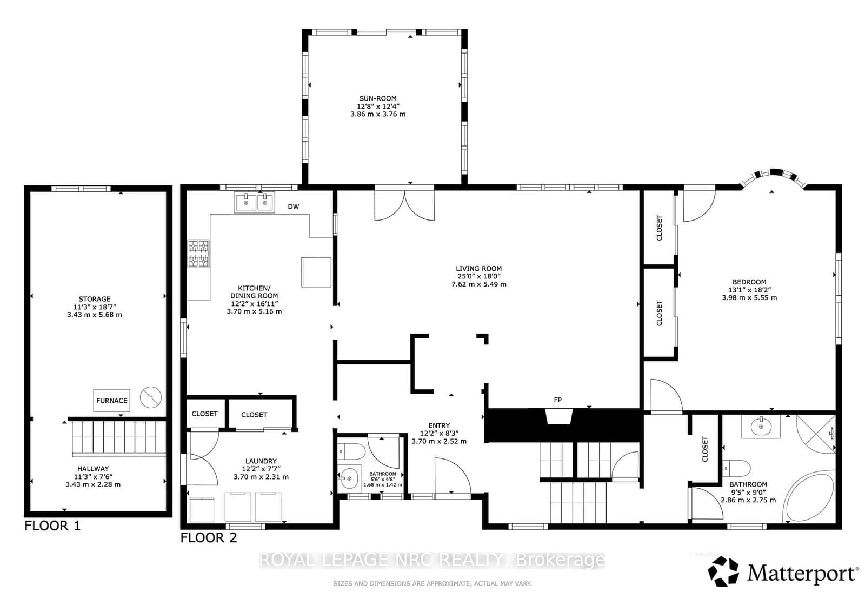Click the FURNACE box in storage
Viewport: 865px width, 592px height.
112,401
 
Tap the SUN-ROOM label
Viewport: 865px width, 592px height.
378,98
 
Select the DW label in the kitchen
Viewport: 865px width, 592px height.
293,207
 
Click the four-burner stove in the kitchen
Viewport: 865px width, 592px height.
198,254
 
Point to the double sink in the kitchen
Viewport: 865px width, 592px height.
254,203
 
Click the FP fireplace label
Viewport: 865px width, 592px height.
557,400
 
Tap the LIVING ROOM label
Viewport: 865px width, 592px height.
478,268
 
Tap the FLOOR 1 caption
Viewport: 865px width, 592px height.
52,526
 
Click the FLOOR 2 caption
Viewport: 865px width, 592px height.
208,538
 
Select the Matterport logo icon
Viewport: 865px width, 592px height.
723,572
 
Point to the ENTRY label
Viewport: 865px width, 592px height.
438,425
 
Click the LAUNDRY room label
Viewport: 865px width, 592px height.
261,461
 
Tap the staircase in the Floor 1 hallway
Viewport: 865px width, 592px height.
118,438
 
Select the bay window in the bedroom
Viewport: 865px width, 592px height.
771,176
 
